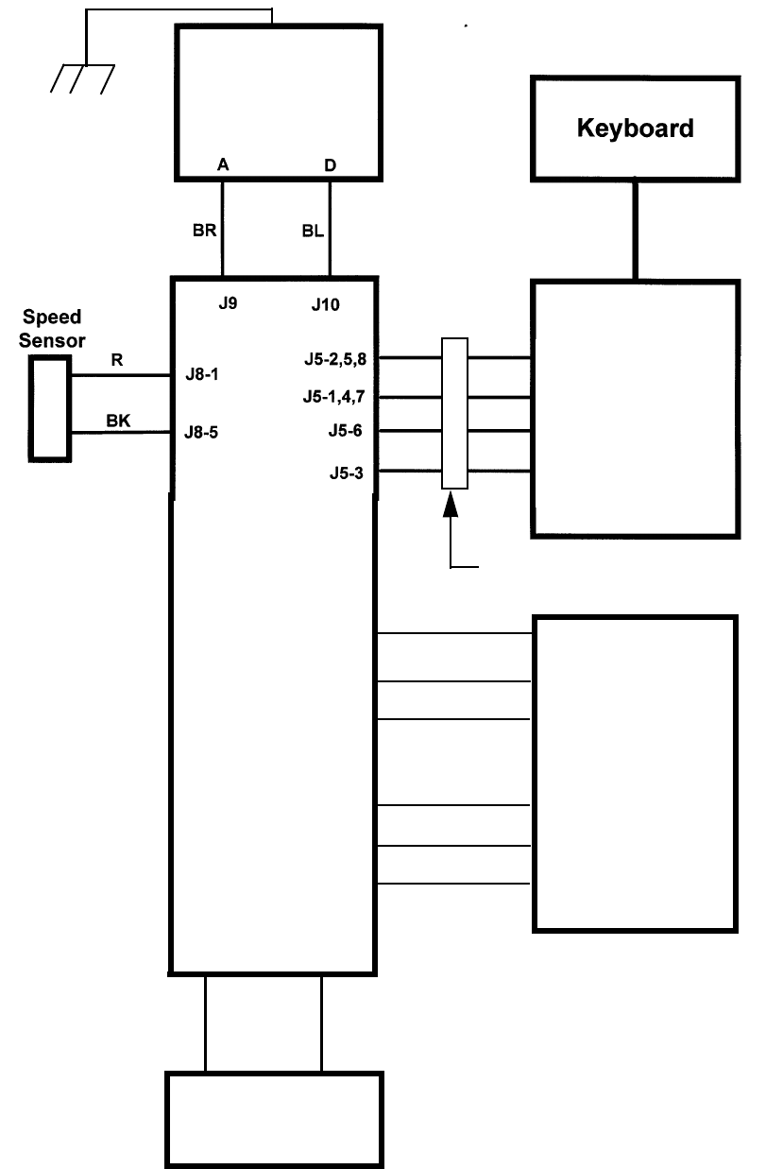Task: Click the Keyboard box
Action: click(x=635, y=128)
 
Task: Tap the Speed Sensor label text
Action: click(x=52, y=328)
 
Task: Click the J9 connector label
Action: click(x=227, y=304)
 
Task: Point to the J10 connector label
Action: click(x=326, y=305)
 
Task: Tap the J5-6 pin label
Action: click(x=346, y=432)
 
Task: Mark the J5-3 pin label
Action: click(x=346, y=473)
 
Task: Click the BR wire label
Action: click(x=205, y=230)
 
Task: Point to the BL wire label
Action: click(x=312, y=230)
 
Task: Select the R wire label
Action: click(x=117, y=360)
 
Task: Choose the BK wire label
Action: click(x=118, y=421)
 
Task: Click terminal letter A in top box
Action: click(x=223, y=164)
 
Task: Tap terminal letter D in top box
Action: click(x=330, y=165)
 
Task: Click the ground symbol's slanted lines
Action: click(x=83, y=79)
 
